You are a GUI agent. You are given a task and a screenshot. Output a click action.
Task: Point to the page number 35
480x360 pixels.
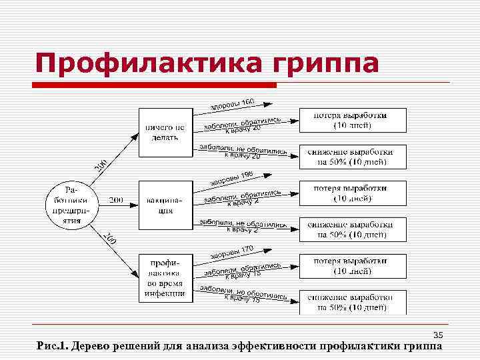(x=438, y=335)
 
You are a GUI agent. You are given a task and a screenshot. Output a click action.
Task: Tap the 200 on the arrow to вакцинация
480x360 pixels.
(x=116, y=199)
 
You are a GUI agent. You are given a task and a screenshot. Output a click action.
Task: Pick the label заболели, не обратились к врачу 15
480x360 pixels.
(x=243, y=295)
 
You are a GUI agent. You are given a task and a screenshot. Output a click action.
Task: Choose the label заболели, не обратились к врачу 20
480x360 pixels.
(x=243, y=152)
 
